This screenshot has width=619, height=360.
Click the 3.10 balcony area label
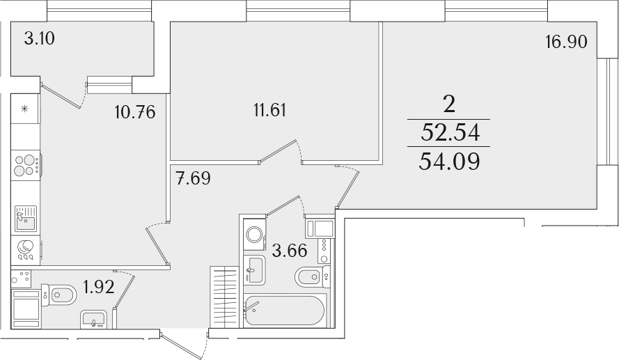pyautogui.click(x=39, y=39)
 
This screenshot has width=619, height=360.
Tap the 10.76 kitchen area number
pyautogui.click(x=135, y=113)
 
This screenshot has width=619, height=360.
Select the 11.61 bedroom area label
pyautogui.click(x=270, y=110)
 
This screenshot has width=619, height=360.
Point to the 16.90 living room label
pyautogui.click(x=567, y=42)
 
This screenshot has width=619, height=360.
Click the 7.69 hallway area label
pyautogui.click(x=194, y=178)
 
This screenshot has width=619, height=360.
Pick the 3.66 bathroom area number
pyautogui.click(x=290, y=250)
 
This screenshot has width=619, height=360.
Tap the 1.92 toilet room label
pyautogui.click(x=99, y=287)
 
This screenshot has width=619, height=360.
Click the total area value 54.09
pyautogui.click(x=449, y=161)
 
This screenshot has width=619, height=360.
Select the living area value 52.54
pyautogui.click(x=450, y=132)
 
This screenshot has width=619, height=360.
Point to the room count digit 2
pyautogui.click(x=449, y=104)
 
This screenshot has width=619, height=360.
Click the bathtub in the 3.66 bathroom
pyautogui.click(x=285, y=311)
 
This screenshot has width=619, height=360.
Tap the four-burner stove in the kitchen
pyautogui.click(x=26, y=166)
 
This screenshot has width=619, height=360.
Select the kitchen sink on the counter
pyautogui.click(x=26, y=218)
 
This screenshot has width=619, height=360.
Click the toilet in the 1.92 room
pyautogui.click(x=58, y=295)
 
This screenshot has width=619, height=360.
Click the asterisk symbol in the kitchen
pyautogui.click(x=24, y=109)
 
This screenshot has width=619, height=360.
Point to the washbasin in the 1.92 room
pyautogui.click(x=93, y=320)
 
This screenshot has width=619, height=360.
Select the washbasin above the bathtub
pyautogui.click(x=254, y=269)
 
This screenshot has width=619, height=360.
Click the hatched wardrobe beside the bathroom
pyautogui.click(x=224, y=297)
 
